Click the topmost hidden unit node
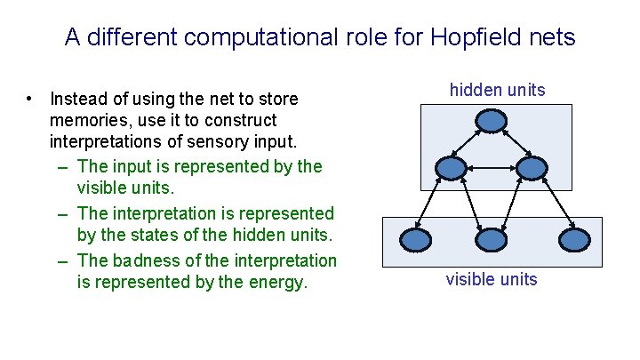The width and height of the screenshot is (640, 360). [x=492, y=121]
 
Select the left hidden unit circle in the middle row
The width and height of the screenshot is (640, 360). [x=452, y=167]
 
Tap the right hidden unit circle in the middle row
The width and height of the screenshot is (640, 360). [x=531, y=167]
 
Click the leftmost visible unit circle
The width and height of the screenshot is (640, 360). [x=416, y=239]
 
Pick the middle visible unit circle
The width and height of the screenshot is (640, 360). [x=492, y=239]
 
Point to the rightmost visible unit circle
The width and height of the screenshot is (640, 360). [x=572, y=239]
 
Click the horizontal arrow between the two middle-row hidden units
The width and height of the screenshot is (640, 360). [x=492, y=167]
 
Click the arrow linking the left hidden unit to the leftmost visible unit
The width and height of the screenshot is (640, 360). [x=435, y=203]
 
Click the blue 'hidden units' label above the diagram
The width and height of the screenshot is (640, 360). [x=497, y=90]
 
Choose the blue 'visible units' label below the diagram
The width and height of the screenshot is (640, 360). [x=492, y=279]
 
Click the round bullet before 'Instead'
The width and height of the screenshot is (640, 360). [x=30, y=97]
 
